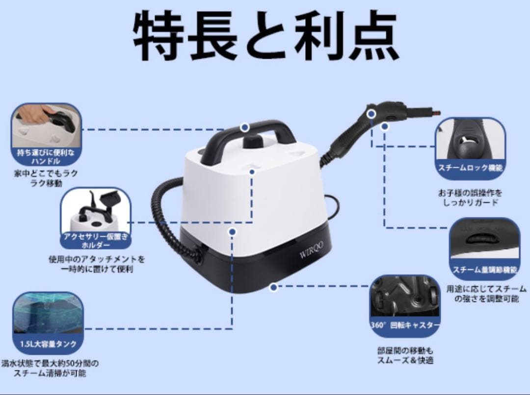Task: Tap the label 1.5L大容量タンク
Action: coord(48,344)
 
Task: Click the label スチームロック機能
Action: coord(470,168)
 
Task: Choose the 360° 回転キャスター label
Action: coord(405,325)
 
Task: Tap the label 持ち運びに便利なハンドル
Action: coord(47,156)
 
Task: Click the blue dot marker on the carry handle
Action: coord(245,127)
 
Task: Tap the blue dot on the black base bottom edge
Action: coord(273,288)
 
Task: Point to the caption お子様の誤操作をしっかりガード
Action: coord(470,197)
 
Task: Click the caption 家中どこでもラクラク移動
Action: coord(46,178)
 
